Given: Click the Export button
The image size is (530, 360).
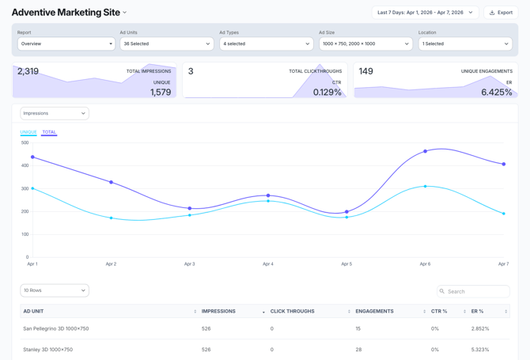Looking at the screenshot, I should (x=501, y=13).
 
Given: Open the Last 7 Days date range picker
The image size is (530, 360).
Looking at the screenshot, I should (x=425, y=13).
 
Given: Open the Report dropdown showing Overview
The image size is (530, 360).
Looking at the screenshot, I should (x=66, y=44).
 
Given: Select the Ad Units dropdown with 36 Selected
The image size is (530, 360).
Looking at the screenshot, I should (x=166, y=44).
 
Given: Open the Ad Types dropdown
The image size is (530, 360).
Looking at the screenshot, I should (x=266, y=44).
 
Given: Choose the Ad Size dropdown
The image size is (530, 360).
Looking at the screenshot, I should (x=365, y=44).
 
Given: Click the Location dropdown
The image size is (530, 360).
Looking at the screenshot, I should (x=464, y=44).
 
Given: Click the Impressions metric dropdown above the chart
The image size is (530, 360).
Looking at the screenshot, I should (x=54, y=113).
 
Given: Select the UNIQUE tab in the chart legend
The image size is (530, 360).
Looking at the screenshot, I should (x=28, y=132).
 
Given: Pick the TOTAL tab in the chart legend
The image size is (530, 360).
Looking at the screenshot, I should (x=49, y=132).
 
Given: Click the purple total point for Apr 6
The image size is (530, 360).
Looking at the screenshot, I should (x=425, y=151).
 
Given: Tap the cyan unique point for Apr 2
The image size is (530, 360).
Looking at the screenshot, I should (x=111, y=218).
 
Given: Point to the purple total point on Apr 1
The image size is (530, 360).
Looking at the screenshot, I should (x=32, y=157).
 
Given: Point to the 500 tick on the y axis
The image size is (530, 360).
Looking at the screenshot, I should (x=25, y=142).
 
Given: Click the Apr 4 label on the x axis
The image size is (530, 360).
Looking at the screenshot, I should (x=268, y=263).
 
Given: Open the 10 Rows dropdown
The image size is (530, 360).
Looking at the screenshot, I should (x=54, y=290).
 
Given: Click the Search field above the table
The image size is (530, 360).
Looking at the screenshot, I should (x=473, y=291).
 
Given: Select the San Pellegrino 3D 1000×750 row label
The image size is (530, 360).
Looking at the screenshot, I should (x=55, y=328).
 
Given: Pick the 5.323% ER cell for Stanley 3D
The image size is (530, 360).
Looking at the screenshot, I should (x=480, y=349).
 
